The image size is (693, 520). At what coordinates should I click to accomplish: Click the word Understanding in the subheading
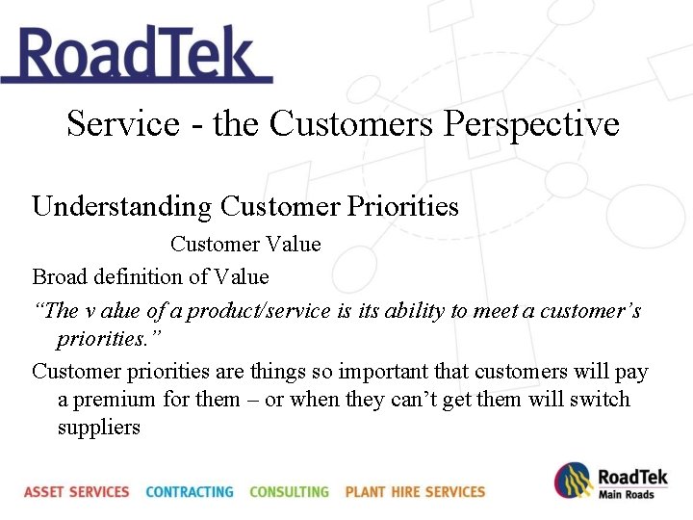121,207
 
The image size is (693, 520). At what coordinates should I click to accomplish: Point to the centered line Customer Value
245,245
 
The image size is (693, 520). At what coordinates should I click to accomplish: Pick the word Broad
59,277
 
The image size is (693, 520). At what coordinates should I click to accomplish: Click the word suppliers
98,428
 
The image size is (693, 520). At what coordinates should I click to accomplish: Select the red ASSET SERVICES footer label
77,492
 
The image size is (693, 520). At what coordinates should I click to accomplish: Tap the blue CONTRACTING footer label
190,492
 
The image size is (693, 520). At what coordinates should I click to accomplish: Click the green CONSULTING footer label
289,492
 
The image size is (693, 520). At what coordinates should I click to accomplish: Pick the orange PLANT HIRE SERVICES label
415,492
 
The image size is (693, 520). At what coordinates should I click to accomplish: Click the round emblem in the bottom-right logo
573,481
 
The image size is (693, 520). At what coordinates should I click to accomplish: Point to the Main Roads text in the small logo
626,495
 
